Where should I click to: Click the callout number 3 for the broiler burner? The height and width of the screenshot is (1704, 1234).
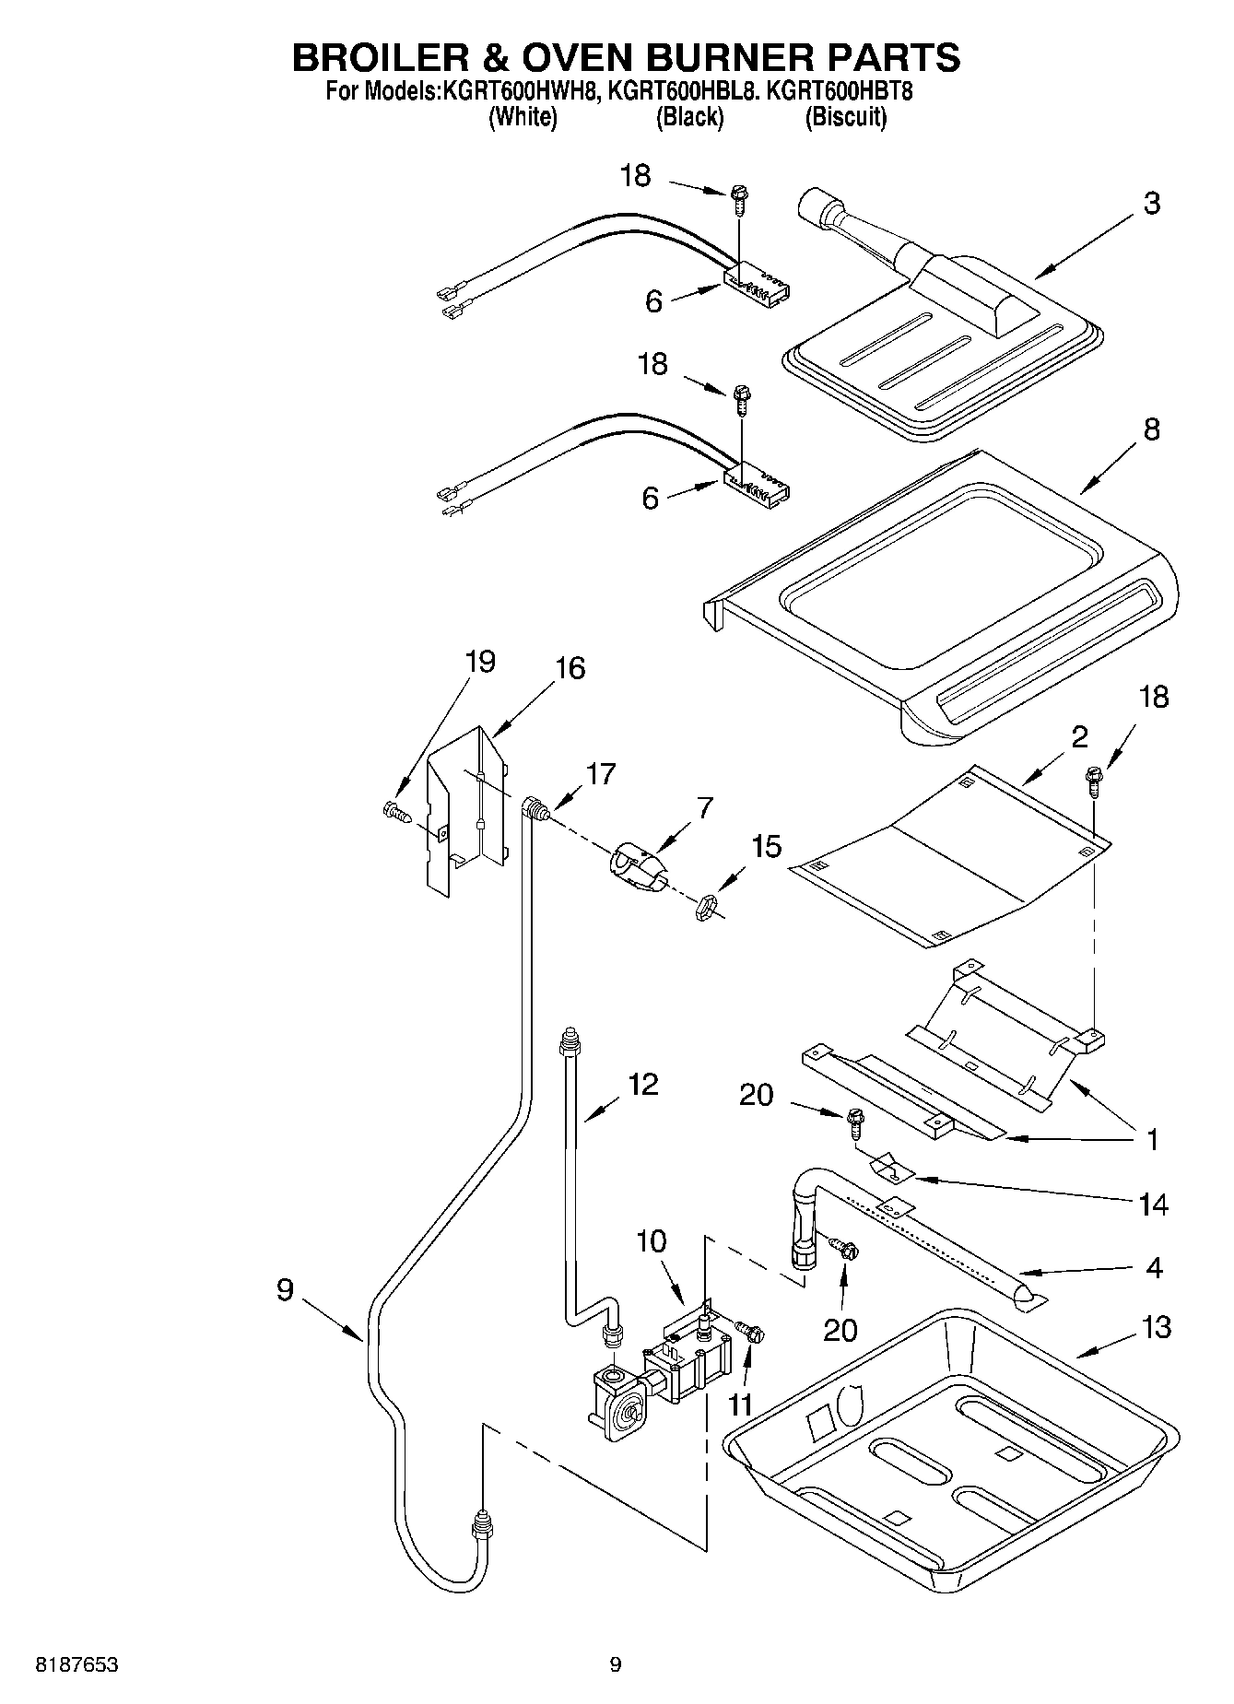click(1151, 204)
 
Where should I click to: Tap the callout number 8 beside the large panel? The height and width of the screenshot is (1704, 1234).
click(1151, 429)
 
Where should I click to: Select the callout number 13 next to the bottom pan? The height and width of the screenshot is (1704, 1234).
click(1156, 1327)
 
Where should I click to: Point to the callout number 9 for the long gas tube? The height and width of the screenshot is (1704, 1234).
click(285, 1289)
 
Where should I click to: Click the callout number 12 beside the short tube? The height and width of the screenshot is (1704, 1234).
click(642, 1084)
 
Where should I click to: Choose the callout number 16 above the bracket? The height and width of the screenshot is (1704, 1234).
click(570, 668)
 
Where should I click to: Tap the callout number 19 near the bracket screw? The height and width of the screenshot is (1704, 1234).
click(480, 662)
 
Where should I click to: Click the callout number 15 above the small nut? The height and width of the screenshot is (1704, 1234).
click(766, 846)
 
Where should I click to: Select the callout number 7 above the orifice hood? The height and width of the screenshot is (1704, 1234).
click(704, 808)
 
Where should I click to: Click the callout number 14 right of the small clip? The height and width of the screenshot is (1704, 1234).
click(1153, 1204)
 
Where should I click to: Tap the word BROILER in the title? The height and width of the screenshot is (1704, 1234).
click(376, 57)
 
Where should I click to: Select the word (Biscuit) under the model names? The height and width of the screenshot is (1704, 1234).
click(845, 117)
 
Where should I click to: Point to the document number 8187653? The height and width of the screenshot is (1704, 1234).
click(77, 1664)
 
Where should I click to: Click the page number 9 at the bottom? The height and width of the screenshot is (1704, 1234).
click(616, 1664)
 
